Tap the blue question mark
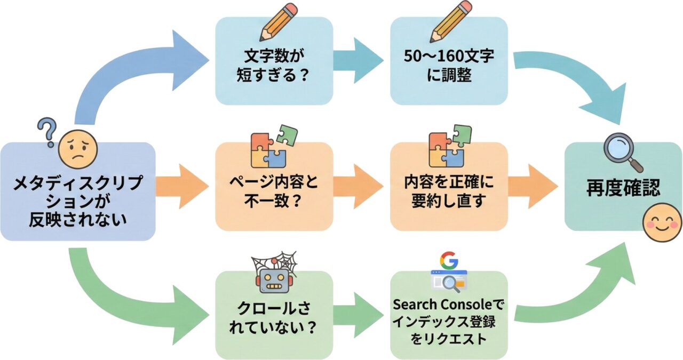47,132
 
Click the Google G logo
449,260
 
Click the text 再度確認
622,188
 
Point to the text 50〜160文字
449,55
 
